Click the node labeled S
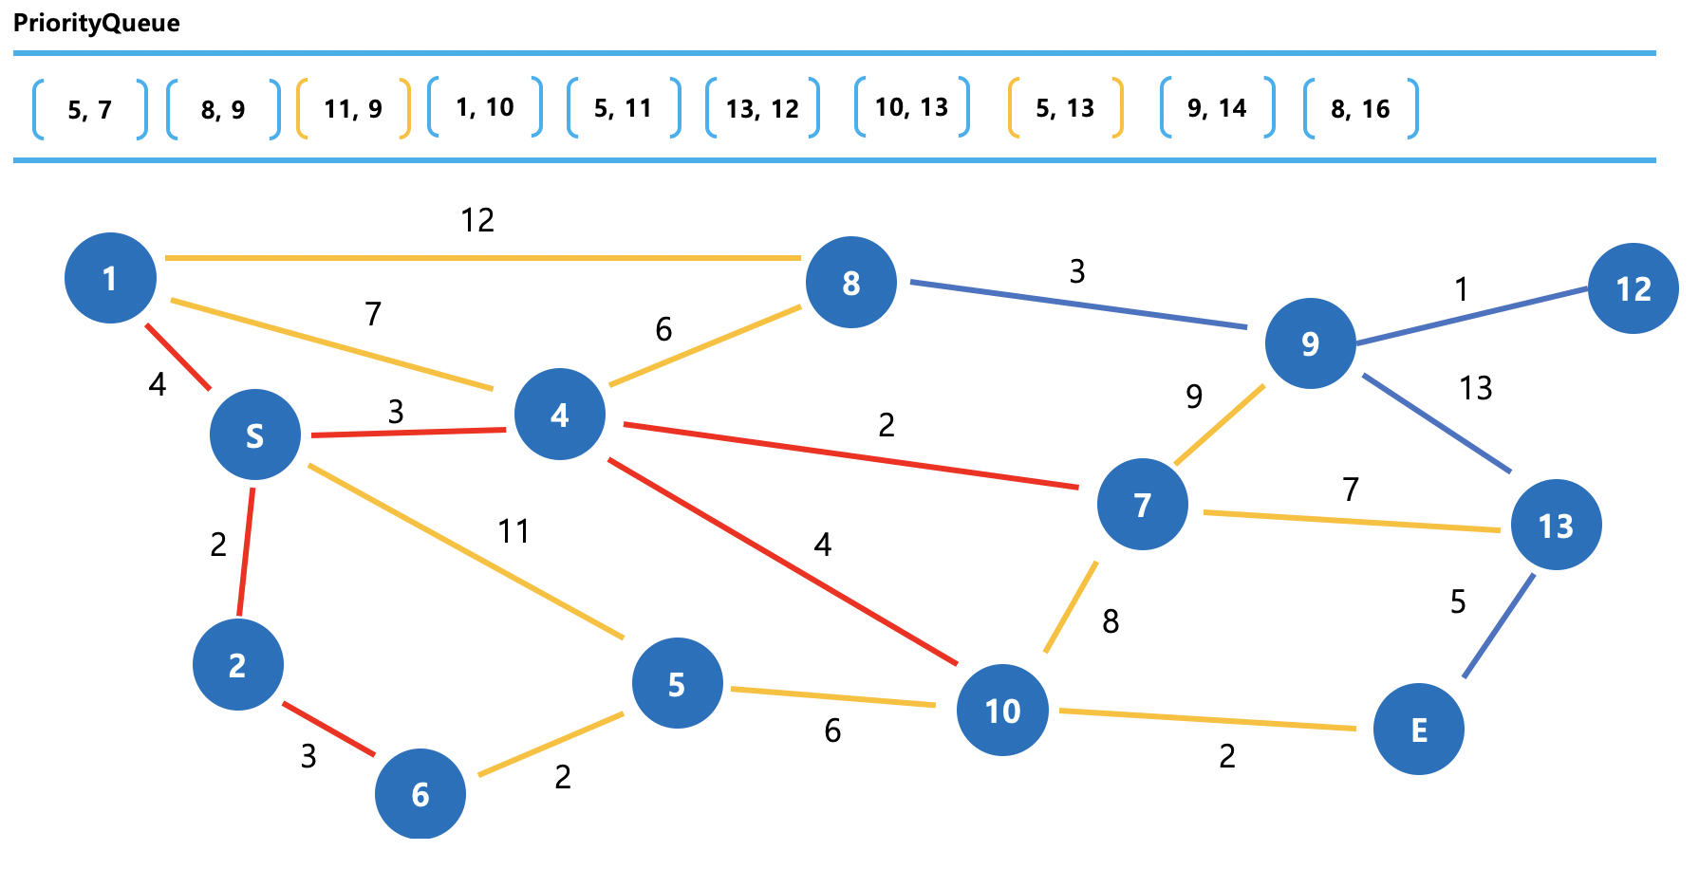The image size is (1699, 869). pos(255,434)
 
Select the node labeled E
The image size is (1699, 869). pos(1418,730)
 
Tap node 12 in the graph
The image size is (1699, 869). pos(1633,288)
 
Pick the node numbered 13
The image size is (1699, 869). pos(1556,525)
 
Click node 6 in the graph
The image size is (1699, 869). pos(420,794)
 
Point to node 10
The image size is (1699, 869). pos(1002,711)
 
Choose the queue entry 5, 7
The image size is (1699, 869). pos(90,109)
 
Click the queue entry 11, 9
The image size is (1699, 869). pos(353,109)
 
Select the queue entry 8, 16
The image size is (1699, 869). pos(1360,109)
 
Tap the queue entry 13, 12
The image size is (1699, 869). pos(762,109)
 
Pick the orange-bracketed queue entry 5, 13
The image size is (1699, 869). pos(1065,109)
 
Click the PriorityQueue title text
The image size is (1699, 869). pos(97,23)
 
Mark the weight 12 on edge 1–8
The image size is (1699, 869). pos(477,220)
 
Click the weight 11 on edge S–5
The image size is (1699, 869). pos(513,531)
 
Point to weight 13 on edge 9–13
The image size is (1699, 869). pos(1476,388)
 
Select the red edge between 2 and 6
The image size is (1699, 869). pos(328,730)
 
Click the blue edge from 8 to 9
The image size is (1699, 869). pos(1077,305)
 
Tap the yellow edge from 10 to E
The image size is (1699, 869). pos(1206,719)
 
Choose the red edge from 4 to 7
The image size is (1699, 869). pos(850,456)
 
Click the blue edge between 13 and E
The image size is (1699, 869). pos(1499,626)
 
